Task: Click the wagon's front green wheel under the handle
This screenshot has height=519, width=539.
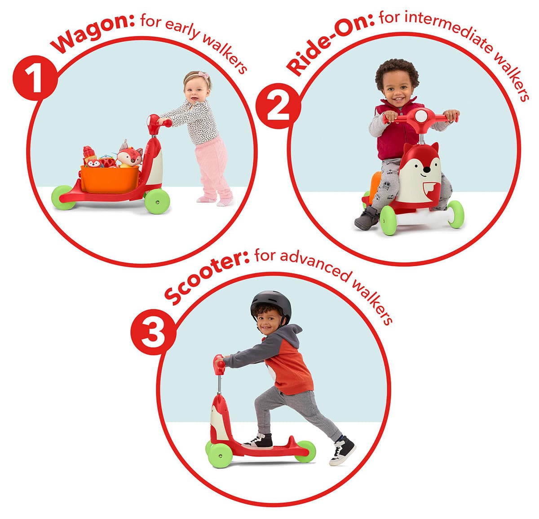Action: pos(157,201)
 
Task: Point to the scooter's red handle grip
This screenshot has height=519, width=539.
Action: pos(219,365)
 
